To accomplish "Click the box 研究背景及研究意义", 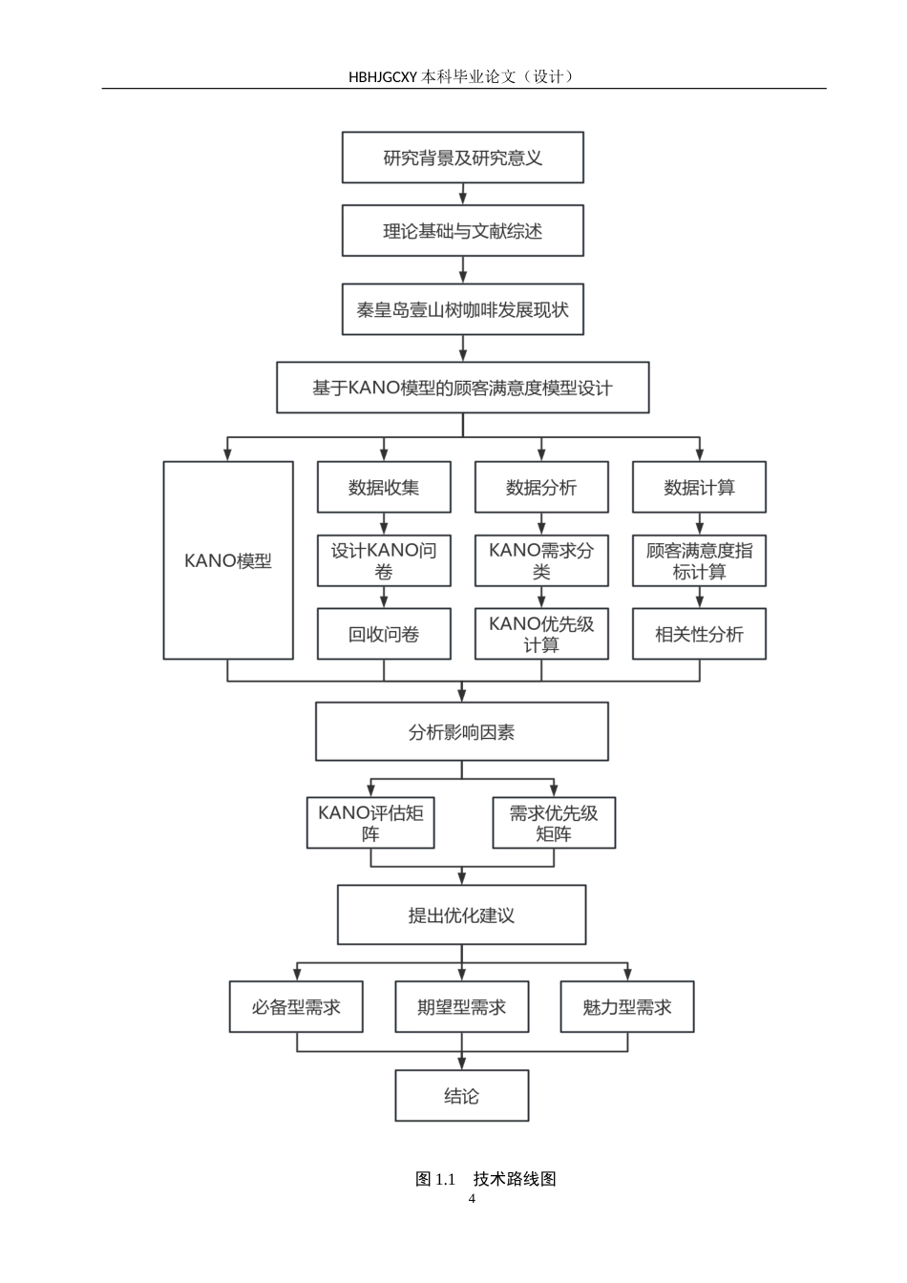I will (x=463, y=158).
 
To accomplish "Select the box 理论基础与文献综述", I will (x=463, y=231).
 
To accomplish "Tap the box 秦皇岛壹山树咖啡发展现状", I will (x=463, y=309).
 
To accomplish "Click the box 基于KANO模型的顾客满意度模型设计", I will (x=463, y=388).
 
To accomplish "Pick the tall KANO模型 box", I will (x=228, y=560).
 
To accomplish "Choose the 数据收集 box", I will (x=384, y=488).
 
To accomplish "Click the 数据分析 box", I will (x=541, y=488).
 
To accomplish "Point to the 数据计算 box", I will (x=700, y=488).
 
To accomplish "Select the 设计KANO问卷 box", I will (x=384, y=560).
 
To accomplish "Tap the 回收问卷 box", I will (x=384, y=634).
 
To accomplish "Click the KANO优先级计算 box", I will (x=541, y=634).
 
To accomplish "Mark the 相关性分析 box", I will (x=700, y=634).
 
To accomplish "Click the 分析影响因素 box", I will (x=462, y=732).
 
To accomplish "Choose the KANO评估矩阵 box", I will (x=370, y=823).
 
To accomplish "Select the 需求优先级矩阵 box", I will (x=554, y=823).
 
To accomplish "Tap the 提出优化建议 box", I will (x=462, y=915).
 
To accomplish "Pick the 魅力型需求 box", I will (x=627, y=1007).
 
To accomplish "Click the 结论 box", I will (x=462, y=1096).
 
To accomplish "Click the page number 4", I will (x=472, y=1200).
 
